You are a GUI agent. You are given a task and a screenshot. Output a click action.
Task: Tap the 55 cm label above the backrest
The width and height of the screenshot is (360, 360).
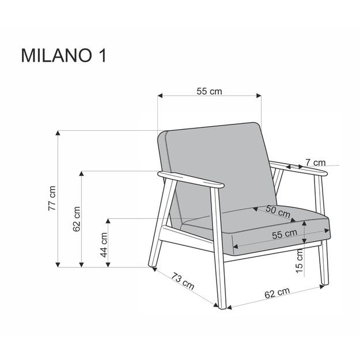[209, 91]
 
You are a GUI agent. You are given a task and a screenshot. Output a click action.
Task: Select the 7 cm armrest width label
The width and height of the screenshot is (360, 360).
[315, 162]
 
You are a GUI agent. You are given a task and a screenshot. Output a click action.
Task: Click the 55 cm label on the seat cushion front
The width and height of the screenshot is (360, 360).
[284, 233]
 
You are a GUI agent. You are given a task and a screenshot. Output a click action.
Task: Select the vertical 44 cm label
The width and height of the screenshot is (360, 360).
[104, 245]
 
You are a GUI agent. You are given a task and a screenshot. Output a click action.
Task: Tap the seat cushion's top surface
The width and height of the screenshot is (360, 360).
[253, 217]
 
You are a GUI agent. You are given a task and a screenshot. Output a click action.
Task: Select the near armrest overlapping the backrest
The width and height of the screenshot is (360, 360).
[193, 180]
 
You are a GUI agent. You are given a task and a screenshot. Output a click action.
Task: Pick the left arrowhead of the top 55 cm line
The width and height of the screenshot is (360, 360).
[160, 96]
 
